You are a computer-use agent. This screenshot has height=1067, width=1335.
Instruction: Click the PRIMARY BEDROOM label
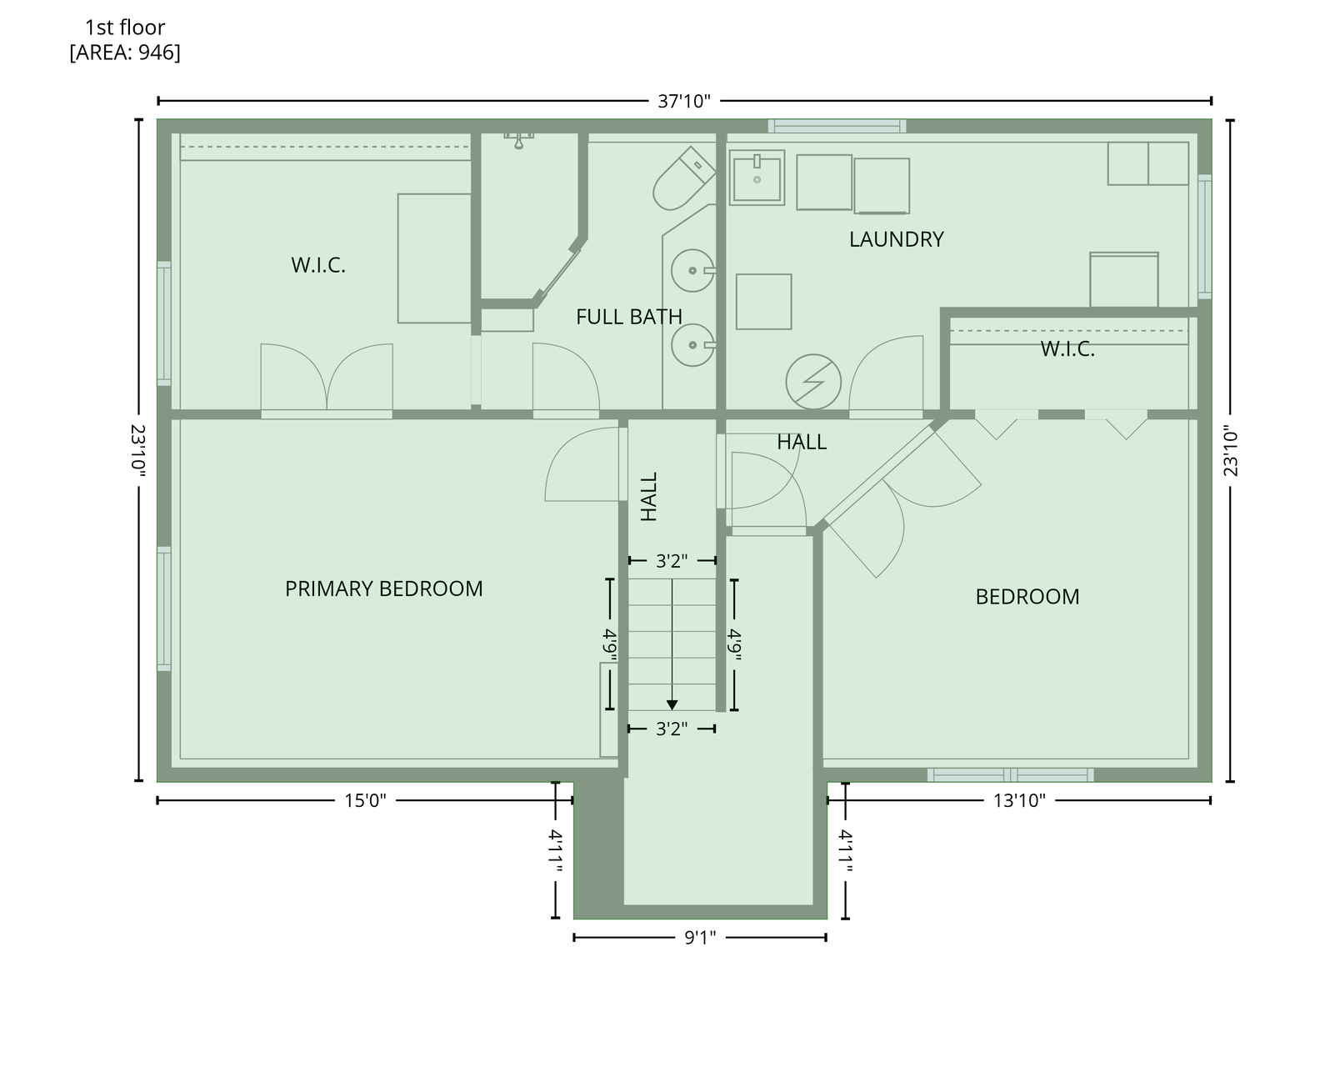(x=383, y=589)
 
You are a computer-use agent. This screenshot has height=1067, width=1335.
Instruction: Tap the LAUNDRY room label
(x=896, y=239)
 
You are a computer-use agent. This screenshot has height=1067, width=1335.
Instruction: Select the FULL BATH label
(x=628, y=317)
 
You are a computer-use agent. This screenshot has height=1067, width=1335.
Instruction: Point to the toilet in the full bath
(x=683, y=178)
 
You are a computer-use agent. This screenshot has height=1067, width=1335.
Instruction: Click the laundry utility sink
(x=757, y=178)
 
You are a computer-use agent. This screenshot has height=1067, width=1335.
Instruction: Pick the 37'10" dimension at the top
(x=683, y=101)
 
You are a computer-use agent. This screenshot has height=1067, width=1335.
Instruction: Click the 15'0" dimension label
(x=365, y=801)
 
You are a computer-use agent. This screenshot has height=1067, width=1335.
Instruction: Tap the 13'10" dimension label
(x=1019, y=801)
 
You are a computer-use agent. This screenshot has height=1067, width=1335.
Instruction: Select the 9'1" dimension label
(x=700, y=937)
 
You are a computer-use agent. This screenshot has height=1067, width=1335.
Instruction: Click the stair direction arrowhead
(x=672, y=705)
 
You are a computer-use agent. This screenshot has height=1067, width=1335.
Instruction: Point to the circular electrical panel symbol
(x=813, y=382)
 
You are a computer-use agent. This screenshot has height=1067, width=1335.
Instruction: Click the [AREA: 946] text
(x=125, y=53)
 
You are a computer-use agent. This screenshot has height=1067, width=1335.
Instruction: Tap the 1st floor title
(x=125, y=28)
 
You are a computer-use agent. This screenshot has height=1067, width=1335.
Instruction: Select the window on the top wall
(x=837, y=126)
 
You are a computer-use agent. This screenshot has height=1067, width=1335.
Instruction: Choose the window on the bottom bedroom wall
(x=1010, y=774)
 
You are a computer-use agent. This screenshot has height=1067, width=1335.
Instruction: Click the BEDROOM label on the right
(x=1027, y=597)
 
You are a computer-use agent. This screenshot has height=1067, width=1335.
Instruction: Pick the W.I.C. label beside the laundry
(x=1067, y=348)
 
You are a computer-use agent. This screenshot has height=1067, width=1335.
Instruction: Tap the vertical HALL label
(x=648, y=497)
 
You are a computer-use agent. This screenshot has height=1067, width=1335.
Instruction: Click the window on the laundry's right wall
(x=1204, y=237)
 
